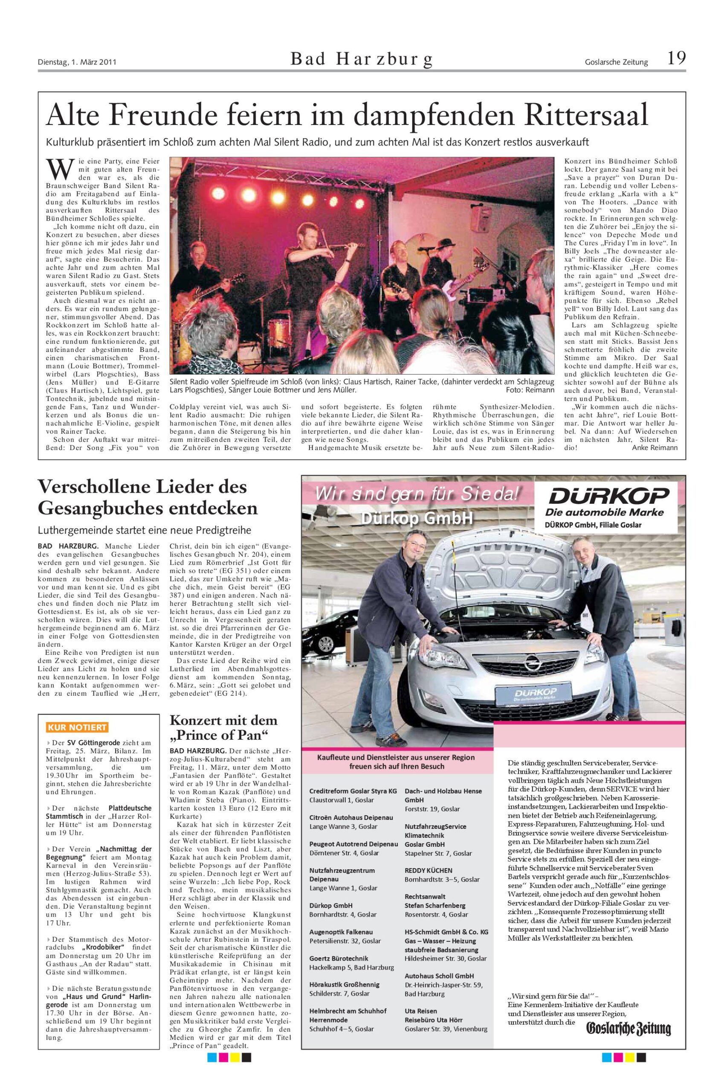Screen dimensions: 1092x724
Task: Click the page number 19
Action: pos(676,59)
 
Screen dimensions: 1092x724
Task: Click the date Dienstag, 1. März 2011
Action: pos(77,62)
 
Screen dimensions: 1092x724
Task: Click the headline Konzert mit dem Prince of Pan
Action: pos(223,727)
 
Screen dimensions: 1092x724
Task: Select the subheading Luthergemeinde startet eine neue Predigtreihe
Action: pos(144,530)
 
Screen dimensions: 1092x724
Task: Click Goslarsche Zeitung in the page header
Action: pos(616,62)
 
